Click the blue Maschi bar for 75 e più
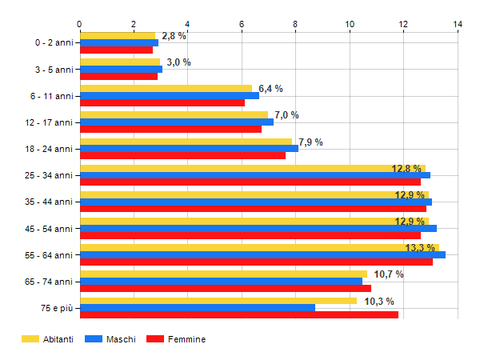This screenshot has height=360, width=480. [x=198, y=308]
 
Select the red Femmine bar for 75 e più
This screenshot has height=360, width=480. [x=239, y=315]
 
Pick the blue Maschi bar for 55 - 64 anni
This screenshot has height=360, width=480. [x=262, y=255]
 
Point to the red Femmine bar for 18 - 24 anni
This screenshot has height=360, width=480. [x=183, y=155]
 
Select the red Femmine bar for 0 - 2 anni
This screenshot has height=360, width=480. [x=117, y=50]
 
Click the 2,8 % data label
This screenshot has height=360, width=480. [x=174, y=36]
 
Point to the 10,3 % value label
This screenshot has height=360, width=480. [x=379, y=302]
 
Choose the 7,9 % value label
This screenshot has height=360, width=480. [x=310, y=142]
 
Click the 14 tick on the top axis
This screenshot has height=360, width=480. [x=458, y=25]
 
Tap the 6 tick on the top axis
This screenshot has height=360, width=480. [x=242, y=25]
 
